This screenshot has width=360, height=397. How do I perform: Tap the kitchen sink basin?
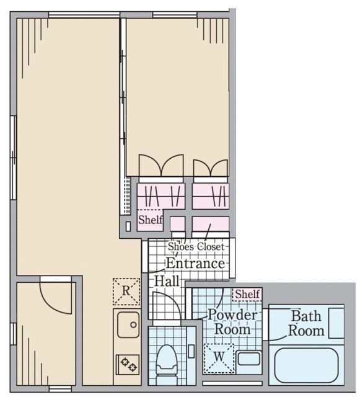click(128, 324)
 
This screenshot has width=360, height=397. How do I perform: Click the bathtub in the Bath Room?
click(306, 365)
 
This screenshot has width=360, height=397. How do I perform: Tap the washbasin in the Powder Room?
click(249, 359)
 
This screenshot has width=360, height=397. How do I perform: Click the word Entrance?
click(195, 263)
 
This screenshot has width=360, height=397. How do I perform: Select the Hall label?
click(166, 281)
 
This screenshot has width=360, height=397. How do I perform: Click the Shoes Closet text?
click(196, 246)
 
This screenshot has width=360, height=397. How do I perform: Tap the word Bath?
click(306, 316)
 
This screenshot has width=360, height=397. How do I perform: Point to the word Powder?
click(231, 315)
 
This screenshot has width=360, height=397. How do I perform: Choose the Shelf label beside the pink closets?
click(150, 220)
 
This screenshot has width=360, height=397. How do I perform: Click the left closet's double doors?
click(160, 166)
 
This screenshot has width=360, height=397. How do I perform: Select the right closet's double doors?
click(211, 167)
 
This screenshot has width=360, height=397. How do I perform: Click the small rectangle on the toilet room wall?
click(191, 350)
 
